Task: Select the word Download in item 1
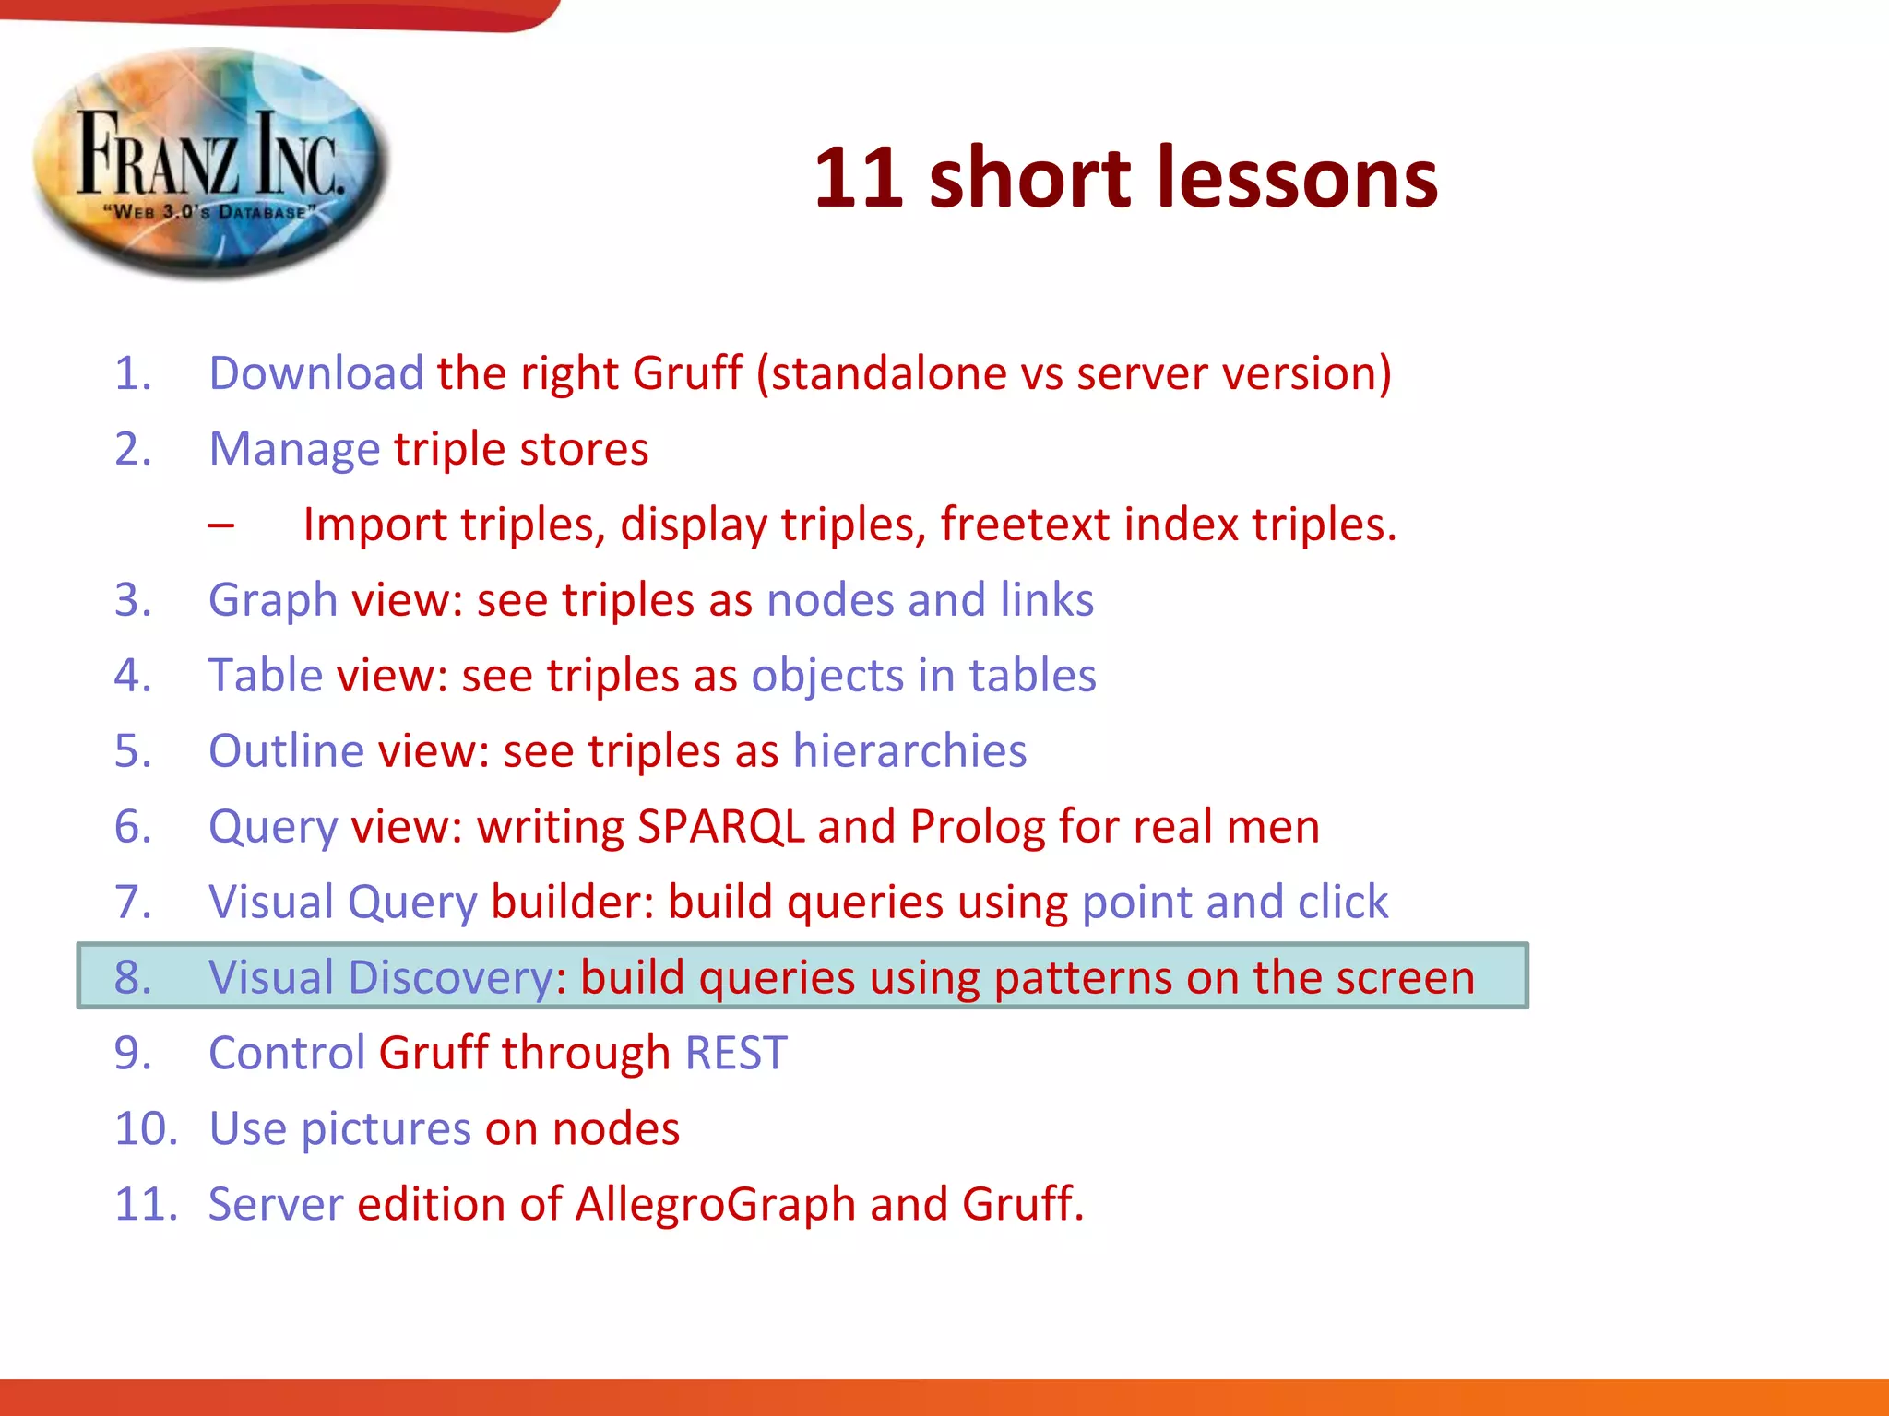click(315, 373)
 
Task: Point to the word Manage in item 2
click(293, 450)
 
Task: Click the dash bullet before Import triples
click(221, 525)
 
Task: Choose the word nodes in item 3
click(830, 600)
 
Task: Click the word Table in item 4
click(265, 676)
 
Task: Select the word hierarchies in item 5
click(909, 751)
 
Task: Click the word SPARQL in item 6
click(720, 827)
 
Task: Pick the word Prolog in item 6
click(978, 827)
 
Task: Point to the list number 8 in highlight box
click(133, 978)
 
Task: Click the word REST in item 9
click(736, 1054)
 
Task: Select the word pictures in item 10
click(386, 1129)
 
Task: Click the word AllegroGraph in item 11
click(716, 1205)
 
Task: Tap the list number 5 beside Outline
click(133, 751)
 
